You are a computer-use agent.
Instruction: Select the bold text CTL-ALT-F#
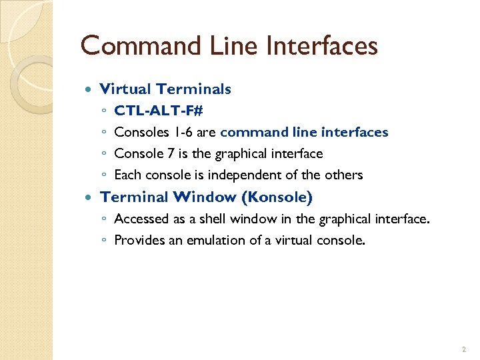tap(159, 111)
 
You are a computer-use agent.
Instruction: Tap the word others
tap(344, 175)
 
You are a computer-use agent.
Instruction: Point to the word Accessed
tap(140, 219)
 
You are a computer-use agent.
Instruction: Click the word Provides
tap(137, 241)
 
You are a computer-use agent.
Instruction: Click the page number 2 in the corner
tap(463, 349)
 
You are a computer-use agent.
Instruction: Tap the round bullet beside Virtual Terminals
tap(90, 89)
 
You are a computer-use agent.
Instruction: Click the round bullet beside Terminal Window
tap(90, 197)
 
